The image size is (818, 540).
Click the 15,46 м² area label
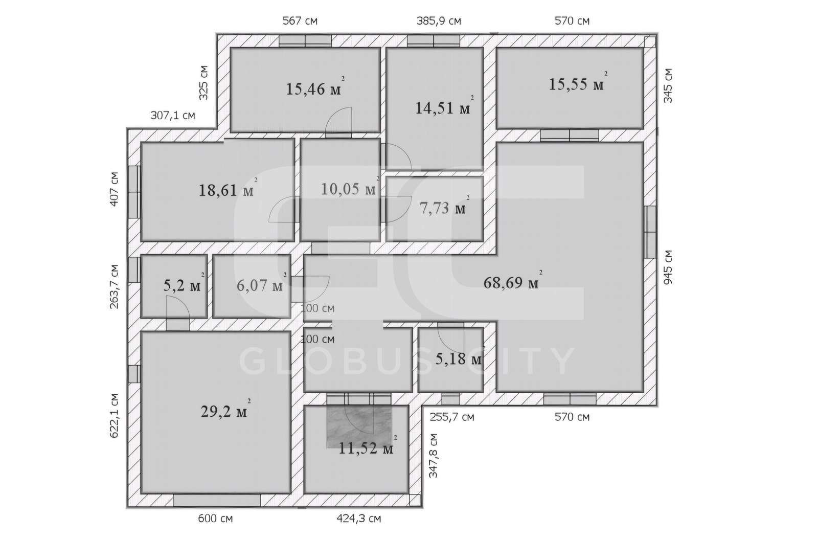(x=315, y=87)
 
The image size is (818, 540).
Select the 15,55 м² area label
(x=578, y=82)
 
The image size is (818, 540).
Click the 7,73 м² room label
(x=444, y=206)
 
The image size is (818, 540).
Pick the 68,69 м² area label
(x=513, y=280)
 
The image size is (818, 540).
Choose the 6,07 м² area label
(x=261, y=283)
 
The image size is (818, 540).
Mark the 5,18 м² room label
(x=460, y=357)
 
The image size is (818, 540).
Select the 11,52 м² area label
(x=368, y=446)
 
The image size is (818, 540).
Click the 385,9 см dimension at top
(x=439, y=21)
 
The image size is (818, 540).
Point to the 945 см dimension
(x=668, y=267)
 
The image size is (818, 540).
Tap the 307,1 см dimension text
(x=173, y=116)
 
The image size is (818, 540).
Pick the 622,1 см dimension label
(x=115, y=415)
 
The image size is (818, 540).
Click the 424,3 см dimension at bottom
(x=358, y=519)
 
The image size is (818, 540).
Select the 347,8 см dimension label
(x=433, y=456)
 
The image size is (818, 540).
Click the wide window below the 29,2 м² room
(x=217, y=500)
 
